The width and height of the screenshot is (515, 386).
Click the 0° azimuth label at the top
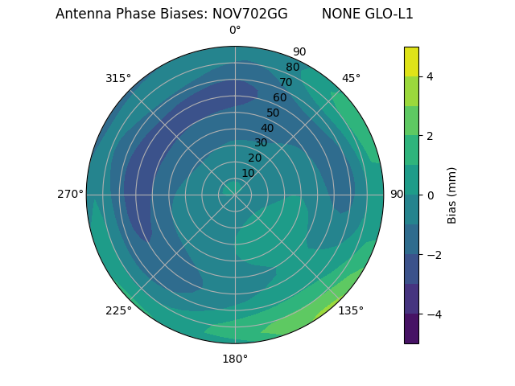[235, 31]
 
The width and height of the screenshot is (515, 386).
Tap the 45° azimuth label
[351, 78]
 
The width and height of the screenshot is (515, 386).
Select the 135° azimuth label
[351, 310]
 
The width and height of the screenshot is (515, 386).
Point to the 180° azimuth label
[235, 359]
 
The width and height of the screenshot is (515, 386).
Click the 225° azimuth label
[118, 310]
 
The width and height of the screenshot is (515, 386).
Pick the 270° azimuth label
[70, 194]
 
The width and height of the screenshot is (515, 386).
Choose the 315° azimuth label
[118, 78]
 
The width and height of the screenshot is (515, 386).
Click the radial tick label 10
[248, 173]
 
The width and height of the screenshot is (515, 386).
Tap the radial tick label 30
[261, 143]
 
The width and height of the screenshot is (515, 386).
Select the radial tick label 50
[274, 113]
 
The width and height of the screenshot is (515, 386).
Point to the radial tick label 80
[292, 68]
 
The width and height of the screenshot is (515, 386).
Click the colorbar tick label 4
[430, 76]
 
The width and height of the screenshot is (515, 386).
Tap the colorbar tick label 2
[430, 136]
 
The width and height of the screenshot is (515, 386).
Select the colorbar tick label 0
[430, 195]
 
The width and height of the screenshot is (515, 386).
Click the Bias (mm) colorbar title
[452, 195]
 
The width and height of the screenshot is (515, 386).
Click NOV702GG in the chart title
[249, 14]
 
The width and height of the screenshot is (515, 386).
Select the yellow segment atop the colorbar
[411, 61]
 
